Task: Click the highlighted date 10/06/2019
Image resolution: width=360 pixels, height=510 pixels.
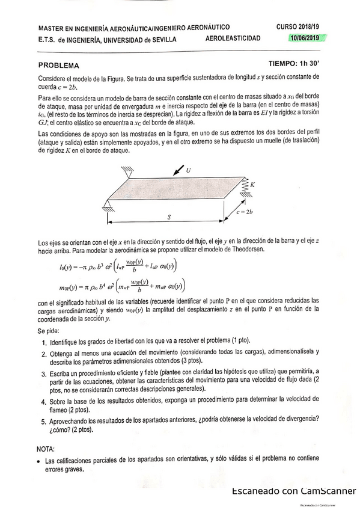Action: coord(305,38)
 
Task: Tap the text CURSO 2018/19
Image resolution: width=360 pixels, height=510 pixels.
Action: coord(299,27)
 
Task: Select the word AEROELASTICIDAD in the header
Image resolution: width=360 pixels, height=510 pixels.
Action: coord(233,38)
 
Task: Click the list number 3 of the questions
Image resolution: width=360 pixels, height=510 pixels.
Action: coord(44,373)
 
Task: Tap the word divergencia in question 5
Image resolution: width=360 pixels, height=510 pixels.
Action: coord(295,419)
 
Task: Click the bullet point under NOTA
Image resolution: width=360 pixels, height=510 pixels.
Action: coord(38,461)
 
